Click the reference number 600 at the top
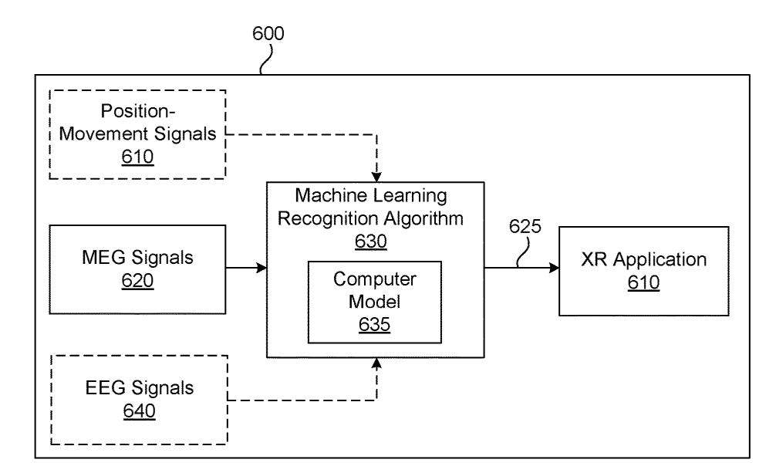click(268, 34)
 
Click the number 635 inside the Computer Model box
click(374, 324)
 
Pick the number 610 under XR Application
click(643, 283)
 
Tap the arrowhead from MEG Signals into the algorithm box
click(261, 268)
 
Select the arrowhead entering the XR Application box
click(553, 268)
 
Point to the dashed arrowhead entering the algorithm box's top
click(376, 177)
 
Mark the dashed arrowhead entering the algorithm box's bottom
click(376, 363)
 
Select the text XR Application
click(643, 260)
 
